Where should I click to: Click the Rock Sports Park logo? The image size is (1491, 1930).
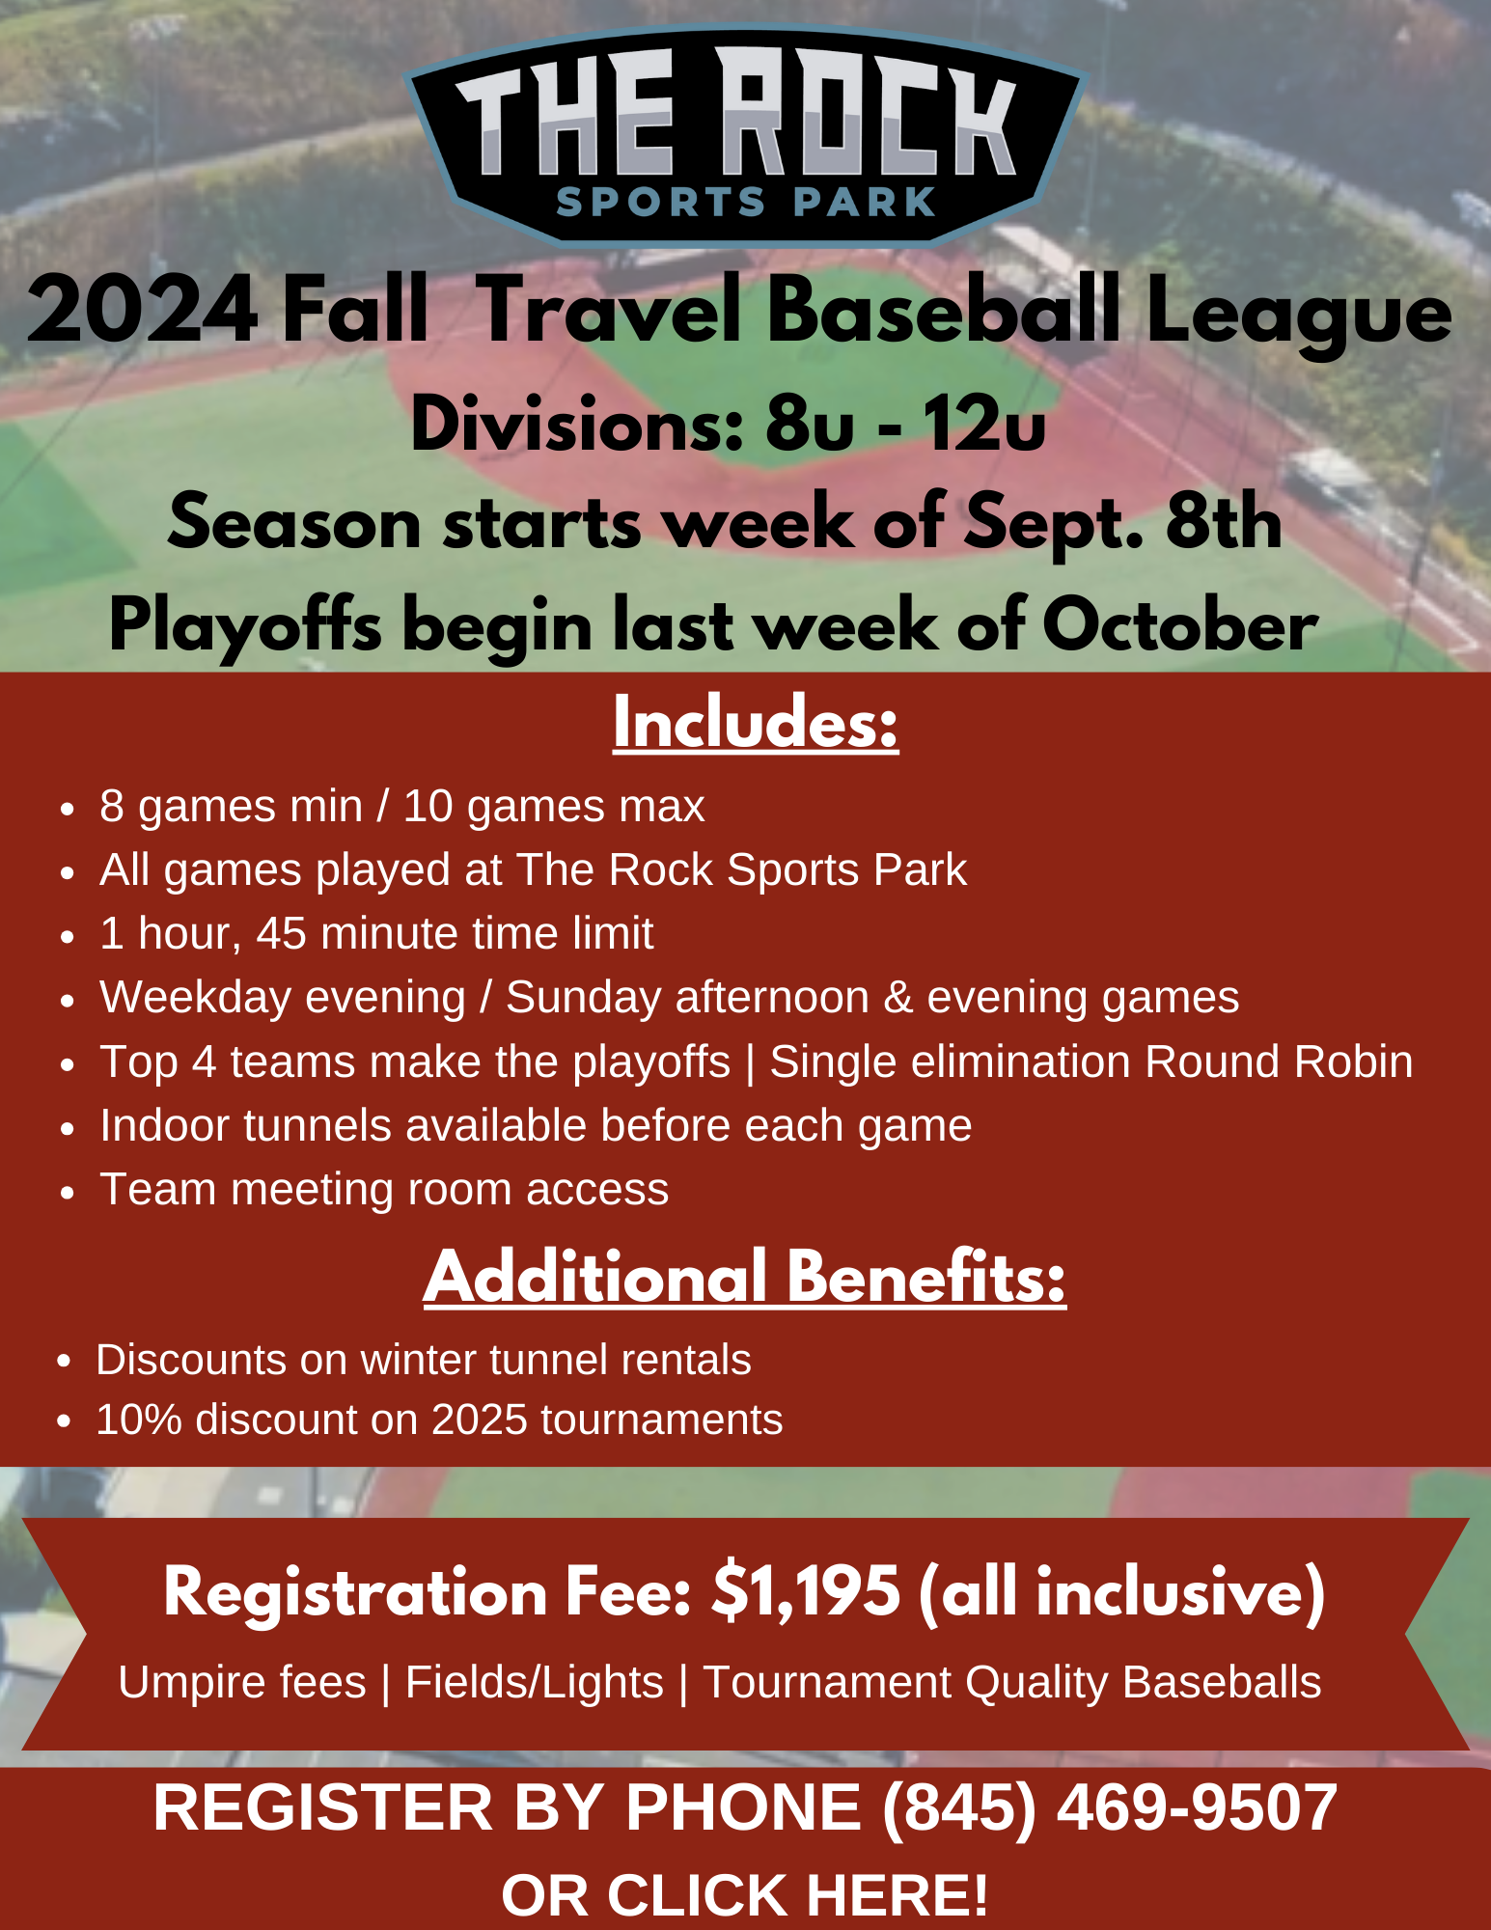745,137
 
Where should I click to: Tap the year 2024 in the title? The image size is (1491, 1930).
143,311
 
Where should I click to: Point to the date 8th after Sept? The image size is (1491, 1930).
1224,522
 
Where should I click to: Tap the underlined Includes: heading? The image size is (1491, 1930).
756,723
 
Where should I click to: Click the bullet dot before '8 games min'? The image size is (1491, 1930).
67,809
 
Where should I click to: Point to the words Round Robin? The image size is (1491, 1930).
1279,1061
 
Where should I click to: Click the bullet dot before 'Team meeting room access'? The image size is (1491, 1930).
67,1192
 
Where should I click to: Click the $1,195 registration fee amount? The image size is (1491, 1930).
807,1590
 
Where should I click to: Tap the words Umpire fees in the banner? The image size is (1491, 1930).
242,1682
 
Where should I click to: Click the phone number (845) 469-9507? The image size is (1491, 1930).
1110,1806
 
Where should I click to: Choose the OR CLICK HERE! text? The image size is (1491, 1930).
745,1893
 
